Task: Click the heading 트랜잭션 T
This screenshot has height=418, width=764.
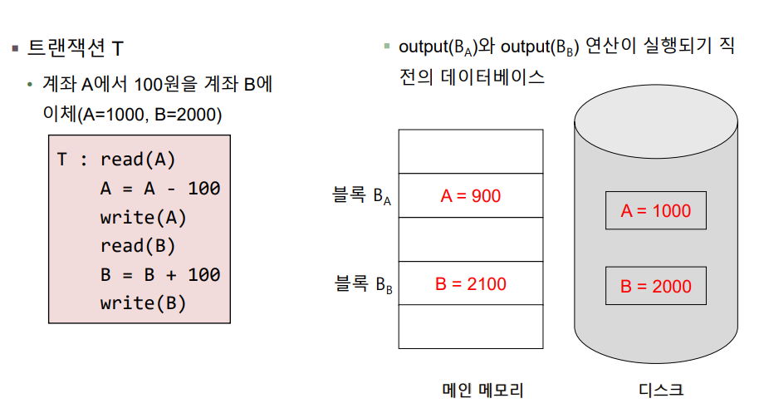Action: [x=76, y=48]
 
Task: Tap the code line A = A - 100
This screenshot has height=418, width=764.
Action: [x=160, y=189]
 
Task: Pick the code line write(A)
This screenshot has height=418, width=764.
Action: [x=144, y=218]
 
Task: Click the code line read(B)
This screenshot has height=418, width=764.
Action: [x=138, y=246]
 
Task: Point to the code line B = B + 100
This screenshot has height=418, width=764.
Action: [x=160, y=275]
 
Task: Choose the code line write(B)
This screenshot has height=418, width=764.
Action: [x=144, y=303]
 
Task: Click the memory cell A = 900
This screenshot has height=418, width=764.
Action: [x=471, y=196]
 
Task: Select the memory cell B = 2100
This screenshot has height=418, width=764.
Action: [x=471, y=284]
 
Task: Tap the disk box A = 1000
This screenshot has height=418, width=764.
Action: [x=655, y=211]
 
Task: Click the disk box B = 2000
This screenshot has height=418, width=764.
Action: [x=655, y=287]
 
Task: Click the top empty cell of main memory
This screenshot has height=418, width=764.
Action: [x=471, y=151]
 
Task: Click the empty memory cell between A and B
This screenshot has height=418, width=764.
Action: [x=471, y=240]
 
